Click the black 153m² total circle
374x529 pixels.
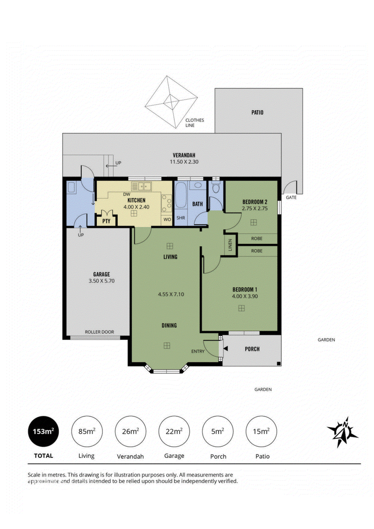tap(43, 431)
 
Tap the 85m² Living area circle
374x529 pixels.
tap(87, 431)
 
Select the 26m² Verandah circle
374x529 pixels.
tap(130, 431)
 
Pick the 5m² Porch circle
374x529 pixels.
tap(217, 431)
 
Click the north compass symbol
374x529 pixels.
tap(343, 432)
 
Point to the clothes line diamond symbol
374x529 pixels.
tap(171, 102)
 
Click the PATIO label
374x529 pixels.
tap(257, 112)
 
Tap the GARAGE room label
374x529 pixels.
tap(101, 274)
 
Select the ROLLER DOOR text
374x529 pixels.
tap(99, 332)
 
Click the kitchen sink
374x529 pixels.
tap(142, 186)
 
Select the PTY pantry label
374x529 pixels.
tap(106, 222)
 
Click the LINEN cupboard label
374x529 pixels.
tap(230, 244)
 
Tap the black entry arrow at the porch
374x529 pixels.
tap(225, 348)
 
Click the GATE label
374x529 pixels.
tap(291, 197)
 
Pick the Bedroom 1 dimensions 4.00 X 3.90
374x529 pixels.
tap(245, 296)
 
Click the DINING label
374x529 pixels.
tap(169, 325)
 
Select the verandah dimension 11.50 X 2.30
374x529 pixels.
tap(184, 162)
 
